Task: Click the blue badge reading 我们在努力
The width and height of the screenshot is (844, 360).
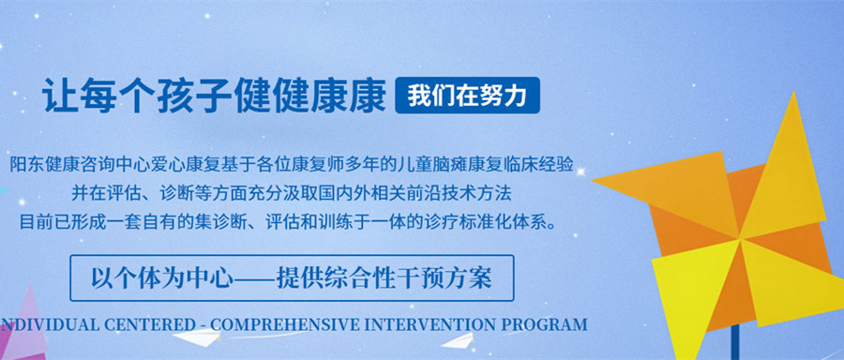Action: point(467,96)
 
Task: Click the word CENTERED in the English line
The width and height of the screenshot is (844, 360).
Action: point(147,325)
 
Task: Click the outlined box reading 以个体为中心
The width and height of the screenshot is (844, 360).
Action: point(292,278)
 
